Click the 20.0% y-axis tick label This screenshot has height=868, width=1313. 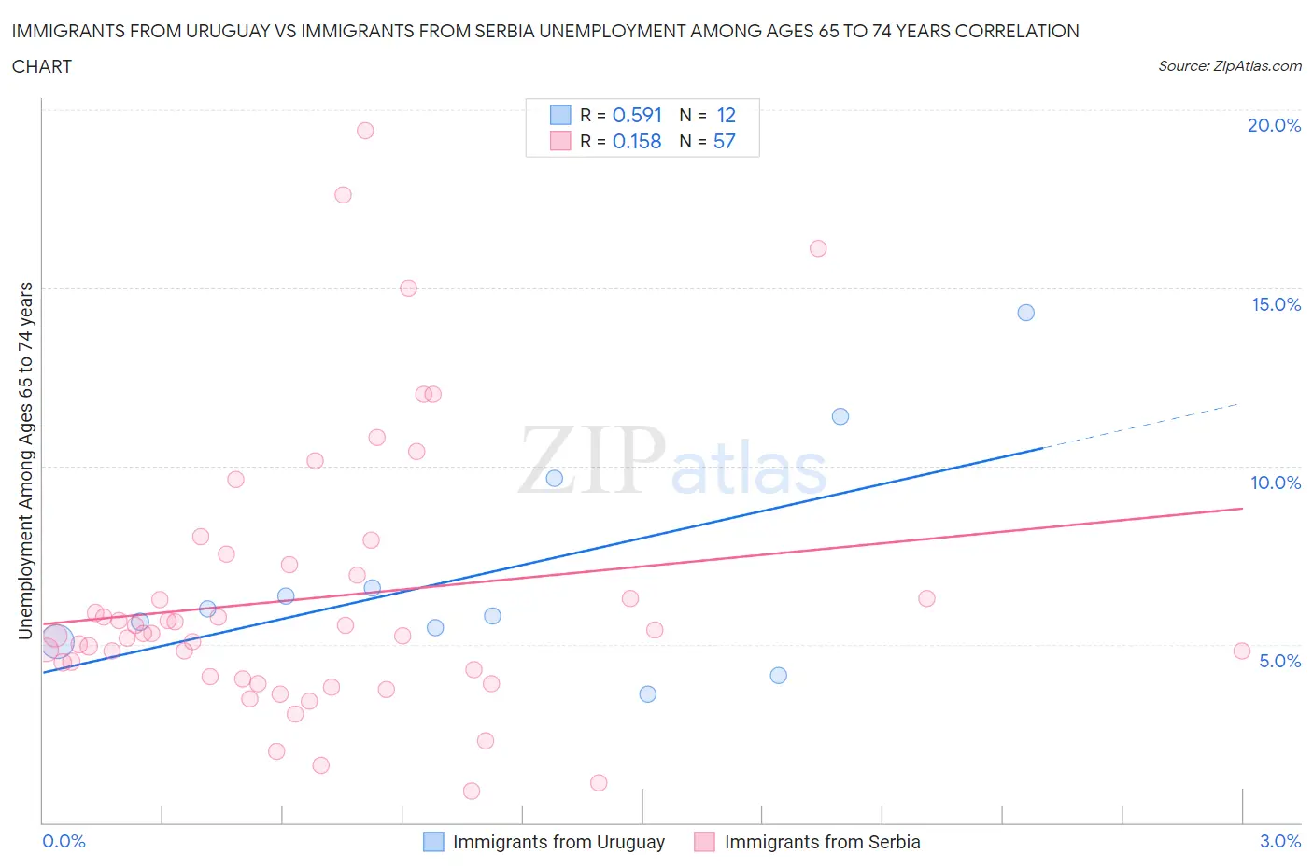click(x=1274, y=125)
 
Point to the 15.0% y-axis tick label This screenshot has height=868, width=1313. click(x=1276, y=304)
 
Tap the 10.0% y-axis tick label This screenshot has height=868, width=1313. click(x=1276, y=483)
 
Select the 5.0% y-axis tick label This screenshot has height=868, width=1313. click(x=1279, y=661)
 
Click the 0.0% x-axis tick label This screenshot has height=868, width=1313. click(x=64, y=841)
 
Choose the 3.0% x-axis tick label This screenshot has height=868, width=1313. click(x=1279, y=841)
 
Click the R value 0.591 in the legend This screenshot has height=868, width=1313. click(x=637, y=115)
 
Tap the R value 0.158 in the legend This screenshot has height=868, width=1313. click(x=637, y=141)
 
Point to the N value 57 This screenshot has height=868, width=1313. click(x=724, y=141)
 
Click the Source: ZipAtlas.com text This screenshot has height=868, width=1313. click(x=1229, y=66)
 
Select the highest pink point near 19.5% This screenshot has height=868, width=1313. click(x=365, y=131)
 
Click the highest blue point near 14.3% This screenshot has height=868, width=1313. click(x=1025, y=313)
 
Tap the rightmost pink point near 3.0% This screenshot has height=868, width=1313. click(x=1241, y=651)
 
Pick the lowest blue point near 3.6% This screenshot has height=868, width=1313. click(x=647, y=694)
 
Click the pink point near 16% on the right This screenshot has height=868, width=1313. click(x=818, y=248)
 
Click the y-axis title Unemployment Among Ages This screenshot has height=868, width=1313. click(x=25, y=460)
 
